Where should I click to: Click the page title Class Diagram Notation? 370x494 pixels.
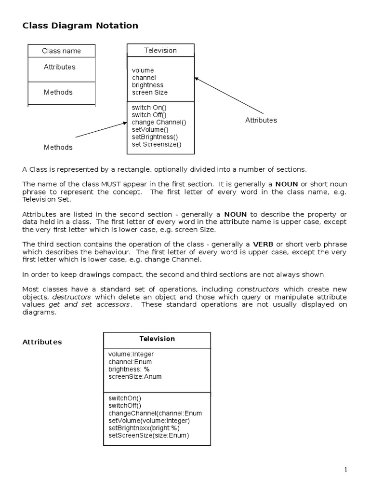[x=80, y=26]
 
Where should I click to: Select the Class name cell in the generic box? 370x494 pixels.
[x=61, y=51]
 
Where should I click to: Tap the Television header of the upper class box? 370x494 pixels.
[x=160, y=50]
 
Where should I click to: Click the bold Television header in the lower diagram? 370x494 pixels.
[x=157, y=339]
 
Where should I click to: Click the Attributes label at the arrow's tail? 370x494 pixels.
[x=261, y=120]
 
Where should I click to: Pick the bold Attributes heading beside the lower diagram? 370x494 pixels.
[x=42, y=342]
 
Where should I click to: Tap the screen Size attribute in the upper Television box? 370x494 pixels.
[x=149, y=92]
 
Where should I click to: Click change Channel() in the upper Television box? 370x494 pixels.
[x=159, y=122]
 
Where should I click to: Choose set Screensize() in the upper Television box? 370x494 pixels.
[x=156, y=144]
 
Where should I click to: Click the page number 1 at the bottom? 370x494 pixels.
[x=345, y=469]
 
